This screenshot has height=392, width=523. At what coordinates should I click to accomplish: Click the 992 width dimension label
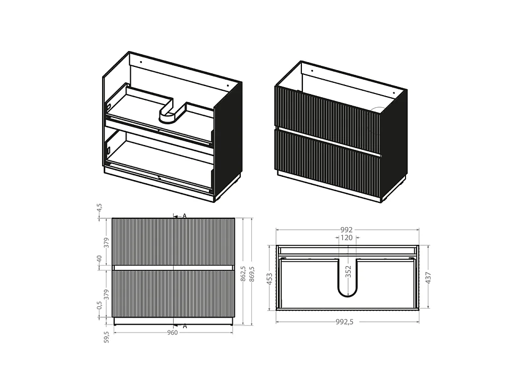point(347,229)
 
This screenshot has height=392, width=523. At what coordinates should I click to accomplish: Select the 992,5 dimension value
point(344,322)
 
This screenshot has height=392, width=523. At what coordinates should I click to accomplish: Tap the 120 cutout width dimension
point(347,237)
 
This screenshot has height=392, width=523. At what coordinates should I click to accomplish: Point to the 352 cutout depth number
point(348,271)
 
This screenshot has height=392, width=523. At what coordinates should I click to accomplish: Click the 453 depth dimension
point(269,279)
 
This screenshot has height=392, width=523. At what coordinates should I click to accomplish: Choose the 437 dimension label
point(428,278)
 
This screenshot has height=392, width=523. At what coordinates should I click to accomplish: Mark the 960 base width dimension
point(172,333)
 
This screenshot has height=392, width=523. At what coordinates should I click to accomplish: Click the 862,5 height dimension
point(244,274)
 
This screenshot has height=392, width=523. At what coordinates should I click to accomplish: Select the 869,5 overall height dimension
point(252,274)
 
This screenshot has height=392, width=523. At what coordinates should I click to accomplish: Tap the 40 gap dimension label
point(99,259)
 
